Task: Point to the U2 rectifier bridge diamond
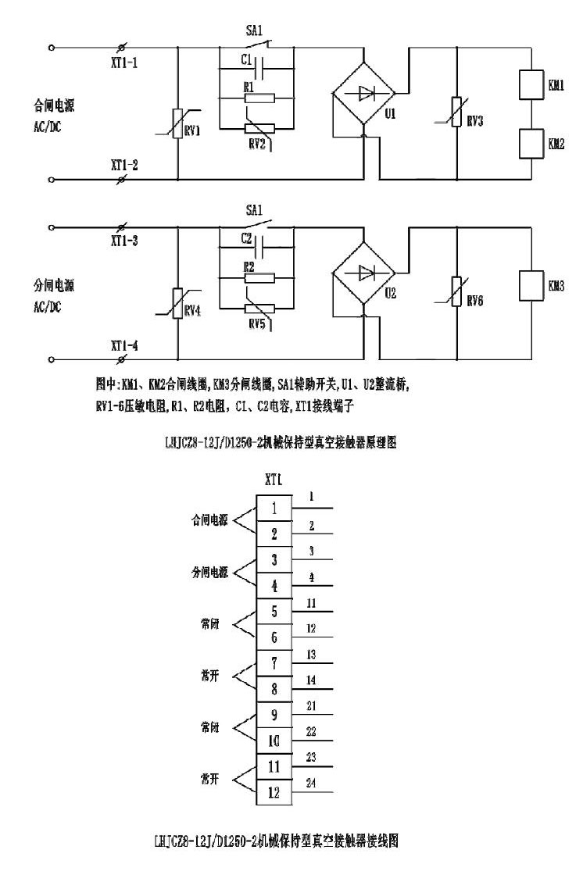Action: click(363, 273)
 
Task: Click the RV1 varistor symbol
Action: click(179, 126)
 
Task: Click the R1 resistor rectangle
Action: click(259, 98)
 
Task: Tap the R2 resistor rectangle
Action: click(259, 277)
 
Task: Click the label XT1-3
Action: click(124, 241)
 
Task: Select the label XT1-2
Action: click(124, 165)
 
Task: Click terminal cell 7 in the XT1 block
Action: click(274, 662)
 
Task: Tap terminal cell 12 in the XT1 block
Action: click(274, 792)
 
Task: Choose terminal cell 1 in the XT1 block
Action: click(274, 509)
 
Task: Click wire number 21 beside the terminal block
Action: click(312, 705)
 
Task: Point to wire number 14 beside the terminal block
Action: click(312, 680)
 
